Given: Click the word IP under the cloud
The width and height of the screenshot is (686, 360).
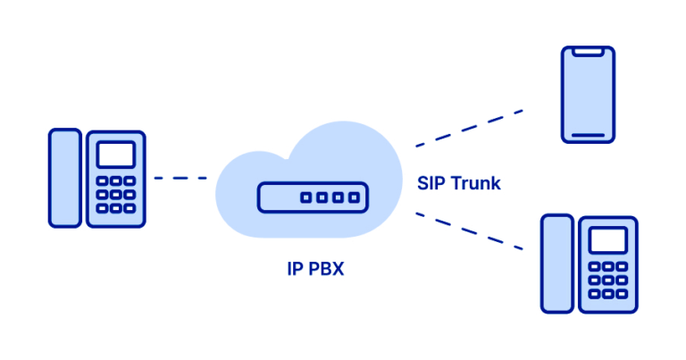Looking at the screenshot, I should pos(284,270).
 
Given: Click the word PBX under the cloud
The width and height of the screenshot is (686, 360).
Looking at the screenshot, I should pos(320,270).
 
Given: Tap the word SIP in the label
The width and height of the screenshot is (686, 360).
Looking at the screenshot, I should pos(431,183).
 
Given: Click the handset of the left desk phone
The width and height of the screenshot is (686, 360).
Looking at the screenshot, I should pos(64,177).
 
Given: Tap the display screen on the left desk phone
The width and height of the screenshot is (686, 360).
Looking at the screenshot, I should pos(115,155).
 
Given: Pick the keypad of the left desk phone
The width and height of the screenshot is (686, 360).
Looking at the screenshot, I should pos(115,194).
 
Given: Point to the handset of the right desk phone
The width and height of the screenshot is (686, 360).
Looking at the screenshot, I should pos(556,263).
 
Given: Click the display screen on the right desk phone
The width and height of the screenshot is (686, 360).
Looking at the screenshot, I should pos(607,240).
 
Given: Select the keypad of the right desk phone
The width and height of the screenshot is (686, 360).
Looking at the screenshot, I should pos(607,280).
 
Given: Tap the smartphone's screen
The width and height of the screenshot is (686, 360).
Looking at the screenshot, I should pos(588,94).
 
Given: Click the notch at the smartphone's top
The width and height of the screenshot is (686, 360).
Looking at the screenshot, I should pos(588,53).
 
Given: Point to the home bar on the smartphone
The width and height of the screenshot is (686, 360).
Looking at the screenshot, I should pos(588,135).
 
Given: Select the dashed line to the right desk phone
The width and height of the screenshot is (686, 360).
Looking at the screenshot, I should pos(469,231).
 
